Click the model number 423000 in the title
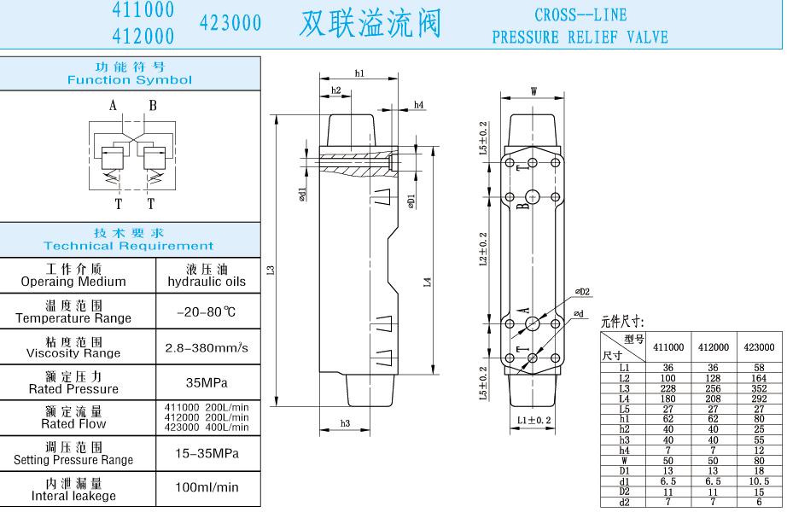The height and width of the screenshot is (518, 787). pos(230,24)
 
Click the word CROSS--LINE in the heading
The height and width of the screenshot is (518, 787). pos(580,15)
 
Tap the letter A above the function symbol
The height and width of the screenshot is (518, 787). pos(113,106)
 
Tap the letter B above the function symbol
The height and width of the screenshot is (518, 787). pos(153,106)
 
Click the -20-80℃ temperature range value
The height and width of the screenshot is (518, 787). pos(206,311)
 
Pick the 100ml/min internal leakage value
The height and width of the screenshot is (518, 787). pos(207,487)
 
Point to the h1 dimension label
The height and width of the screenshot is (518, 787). pos(359,74)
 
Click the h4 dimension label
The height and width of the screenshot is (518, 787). pos(419,105)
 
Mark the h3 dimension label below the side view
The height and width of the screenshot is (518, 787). pos(346,423)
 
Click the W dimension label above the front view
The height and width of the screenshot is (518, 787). pos(534,91)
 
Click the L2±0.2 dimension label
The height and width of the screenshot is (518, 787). pos(483,249)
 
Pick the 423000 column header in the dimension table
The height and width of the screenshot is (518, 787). pos(759,347)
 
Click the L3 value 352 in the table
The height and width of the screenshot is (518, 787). pos(759,387)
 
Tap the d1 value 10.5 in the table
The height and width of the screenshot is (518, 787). pos(759,481)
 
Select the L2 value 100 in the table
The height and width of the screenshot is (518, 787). pos(668,377)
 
